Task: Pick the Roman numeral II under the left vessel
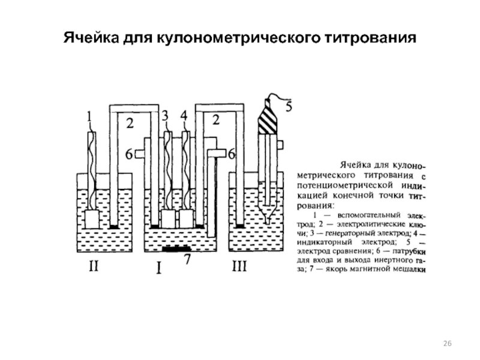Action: point(94,268)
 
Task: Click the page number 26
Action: point(447,343)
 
